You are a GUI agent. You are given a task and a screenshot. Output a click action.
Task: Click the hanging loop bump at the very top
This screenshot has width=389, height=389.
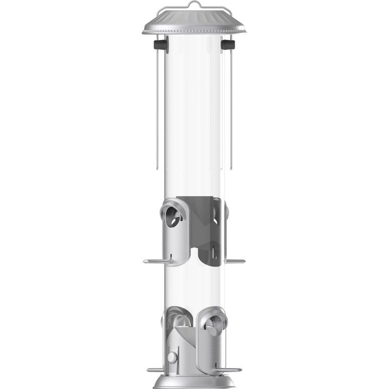194,3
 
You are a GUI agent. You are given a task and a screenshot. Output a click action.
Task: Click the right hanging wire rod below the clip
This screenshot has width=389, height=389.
231,108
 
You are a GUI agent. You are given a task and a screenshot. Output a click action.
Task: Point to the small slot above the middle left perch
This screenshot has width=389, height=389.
171,255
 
